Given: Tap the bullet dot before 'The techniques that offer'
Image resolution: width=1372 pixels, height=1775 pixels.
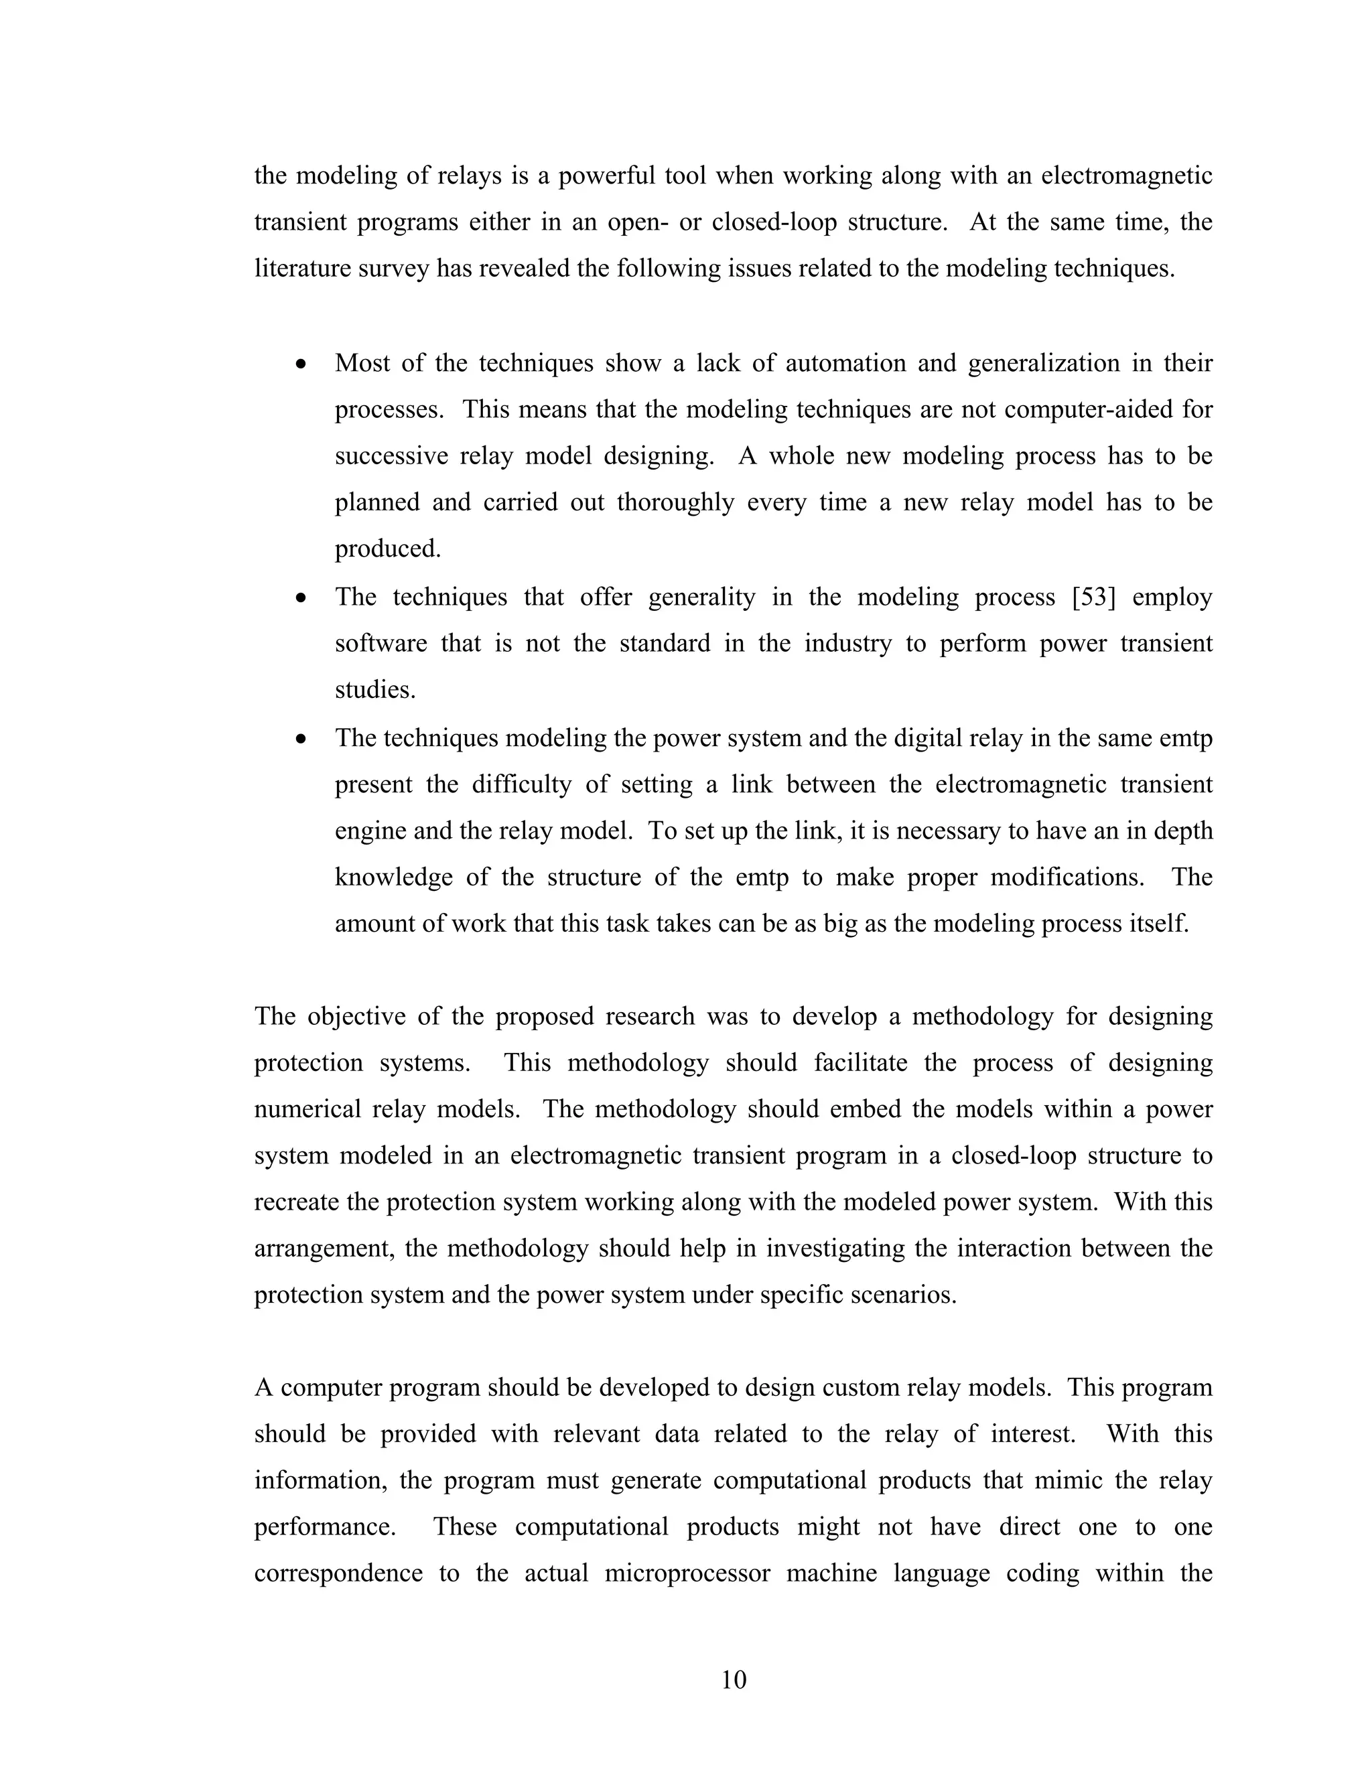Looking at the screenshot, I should [x=301, y=598].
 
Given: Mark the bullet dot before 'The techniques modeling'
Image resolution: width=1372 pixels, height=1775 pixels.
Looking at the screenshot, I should [x=301, y=739].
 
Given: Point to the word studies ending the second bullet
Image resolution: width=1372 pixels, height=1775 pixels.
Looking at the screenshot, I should [x=374, y=690].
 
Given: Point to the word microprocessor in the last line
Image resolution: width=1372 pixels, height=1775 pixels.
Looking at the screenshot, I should [x=687, y=1573].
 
